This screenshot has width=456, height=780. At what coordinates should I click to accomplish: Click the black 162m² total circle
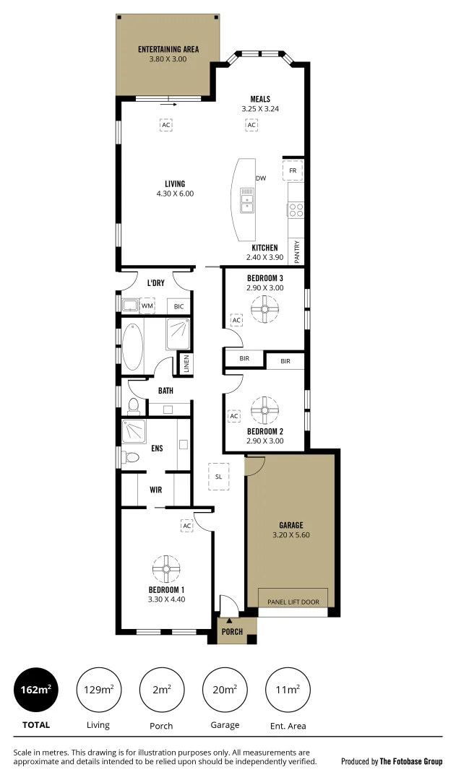35,690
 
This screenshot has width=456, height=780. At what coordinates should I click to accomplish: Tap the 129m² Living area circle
98,690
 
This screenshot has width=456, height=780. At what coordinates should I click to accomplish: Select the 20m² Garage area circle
225,690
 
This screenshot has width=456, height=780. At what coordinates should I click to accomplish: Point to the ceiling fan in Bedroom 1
166,568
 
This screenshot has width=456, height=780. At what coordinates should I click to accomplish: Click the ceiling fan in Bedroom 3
264,311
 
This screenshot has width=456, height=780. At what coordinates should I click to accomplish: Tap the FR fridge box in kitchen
293,170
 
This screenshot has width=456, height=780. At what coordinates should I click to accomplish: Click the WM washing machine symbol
147,306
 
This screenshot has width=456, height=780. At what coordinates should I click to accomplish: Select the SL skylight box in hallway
218,476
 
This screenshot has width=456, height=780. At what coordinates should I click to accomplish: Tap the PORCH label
232,632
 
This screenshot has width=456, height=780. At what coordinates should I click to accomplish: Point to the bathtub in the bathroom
132,347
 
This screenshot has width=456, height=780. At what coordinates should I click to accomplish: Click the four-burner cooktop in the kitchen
296,209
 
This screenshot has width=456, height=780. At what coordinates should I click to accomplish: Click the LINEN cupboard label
186,363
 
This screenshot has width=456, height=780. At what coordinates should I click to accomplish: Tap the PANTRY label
297,252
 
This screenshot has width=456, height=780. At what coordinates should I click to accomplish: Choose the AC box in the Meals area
251,125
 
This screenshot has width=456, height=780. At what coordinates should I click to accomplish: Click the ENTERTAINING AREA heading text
168,50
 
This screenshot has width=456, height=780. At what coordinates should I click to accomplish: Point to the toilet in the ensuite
131,457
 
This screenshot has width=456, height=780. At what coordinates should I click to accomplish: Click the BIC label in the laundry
179,307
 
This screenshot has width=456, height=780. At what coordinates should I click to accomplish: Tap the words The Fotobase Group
412,761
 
